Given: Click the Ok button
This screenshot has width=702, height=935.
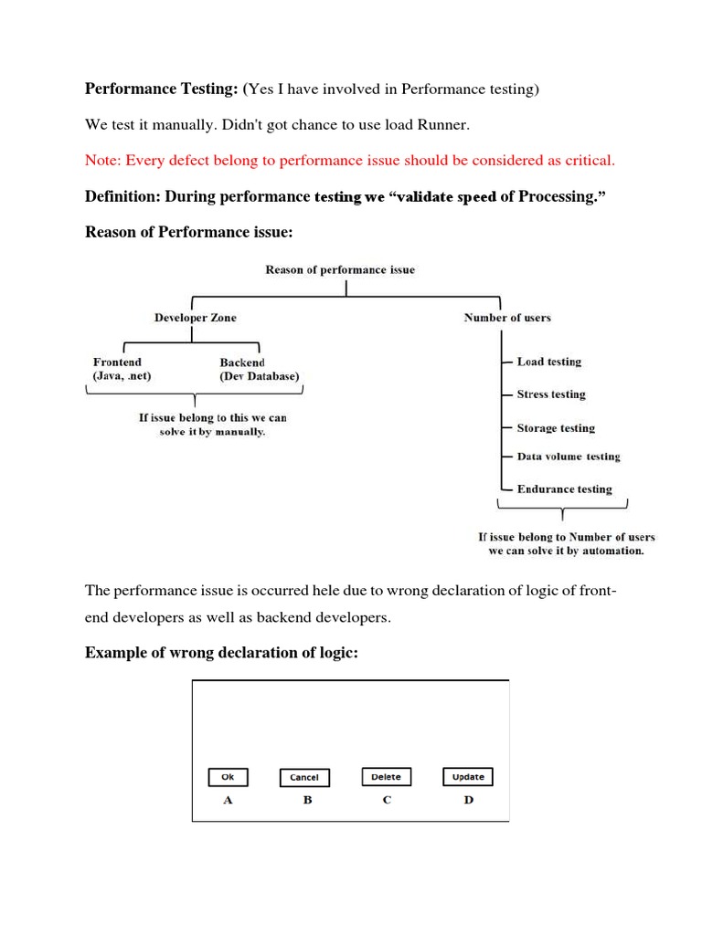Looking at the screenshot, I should pyautogui.click(x=228, y=777).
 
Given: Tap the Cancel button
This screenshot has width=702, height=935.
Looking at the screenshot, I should pyautogui.click(x=304, y=778).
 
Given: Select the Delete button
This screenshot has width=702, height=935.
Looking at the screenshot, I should pyautogui.click(x=386, y=777).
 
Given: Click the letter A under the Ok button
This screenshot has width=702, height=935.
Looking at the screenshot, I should pyautogui.click(x=228, y=800).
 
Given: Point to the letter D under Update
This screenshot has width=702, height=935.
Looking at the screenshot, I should pyautogui.click(x=468, y=800).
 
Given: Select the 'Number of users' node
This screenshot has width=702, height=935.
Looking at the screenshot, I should pyautogui.click(x=507, y=318).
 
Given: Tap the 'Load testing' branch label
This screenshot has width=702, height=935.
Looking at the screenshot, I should pyautogui.click(x=548, y=362).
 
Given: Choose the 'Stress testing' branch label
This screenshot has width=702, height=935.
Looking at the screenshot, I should pyautogui.click(x=551, y=394).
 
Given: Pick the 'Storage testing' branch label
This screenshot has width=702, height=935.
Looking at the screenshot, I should pyautogui.click(x=556, y=428).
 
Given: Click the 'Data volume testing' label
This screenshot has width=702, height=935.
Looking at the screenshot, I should pyautogui.click(x=569, y=457).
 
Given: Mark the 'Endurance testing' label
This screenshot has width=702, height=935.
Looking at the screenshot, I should pyautogui.click(x=564, y=489).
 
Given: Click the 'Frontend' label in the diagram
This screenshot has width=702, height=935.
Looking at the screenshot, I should pyautogui.click(x=117, y=362).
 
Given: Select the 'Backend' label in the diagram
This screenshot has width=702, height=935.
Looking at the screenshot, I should pyautogui.click(x=242, y=362).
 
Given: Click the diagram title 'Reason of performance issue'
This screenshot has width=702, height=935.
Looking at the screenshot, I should pyautogui.click(x=339, y=270).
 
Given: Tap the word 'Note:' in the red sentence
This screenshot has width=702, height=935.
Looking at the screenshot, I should pyautogui.click(x=103, y=161).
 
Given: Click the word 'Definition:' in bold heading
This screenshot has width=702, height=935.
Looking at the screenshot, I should pyautogui.click(x=122, y=197).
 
